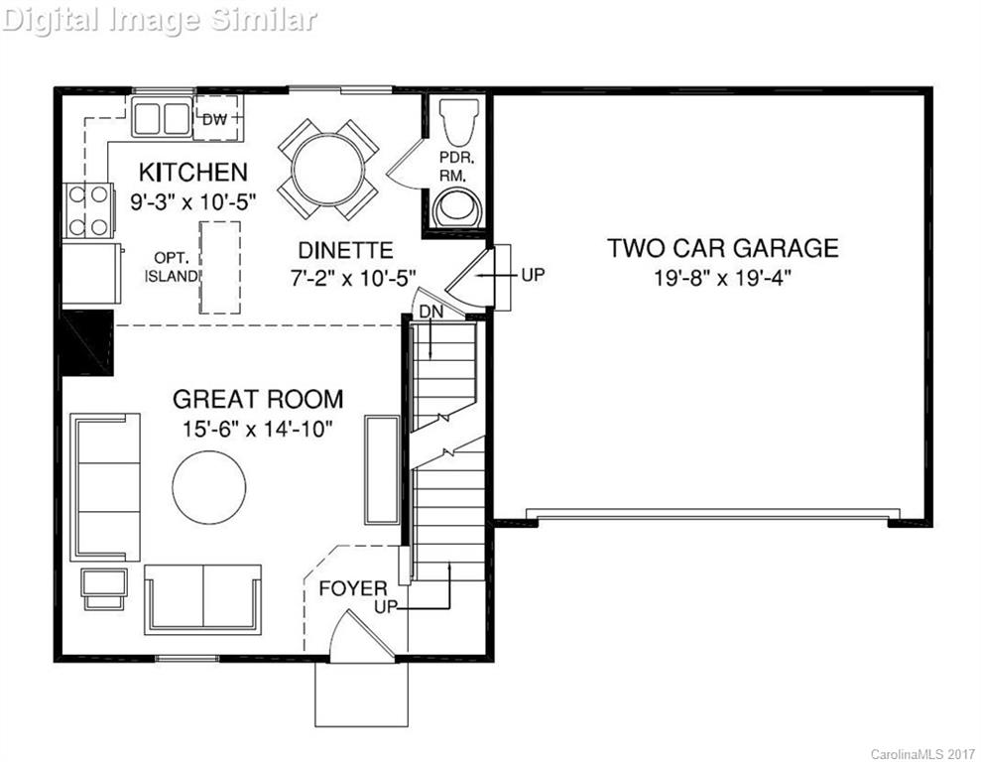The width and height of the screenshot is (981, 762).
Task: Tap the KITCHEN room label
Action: click(193, 172)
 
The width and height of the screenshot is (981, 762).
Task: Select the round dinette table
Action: click(327, 169)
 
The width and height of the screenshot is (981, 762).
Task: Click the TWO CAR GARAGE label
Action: click(723, 248)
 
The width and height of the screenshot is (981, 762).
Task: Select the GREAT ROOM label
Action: click(258, 399)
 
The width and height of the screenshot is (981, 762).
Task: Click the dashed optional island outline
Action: click(220, 267)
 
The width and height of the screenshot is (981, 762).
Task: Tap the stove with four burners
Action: click(86, 210)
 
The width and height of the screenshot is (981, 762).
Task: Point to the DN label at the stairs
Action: click(429, 312)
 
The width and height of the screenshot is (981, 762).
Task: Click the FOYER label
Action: click(352, 588)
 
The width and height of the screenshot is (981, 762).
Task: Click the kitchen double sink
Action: click(162, 118)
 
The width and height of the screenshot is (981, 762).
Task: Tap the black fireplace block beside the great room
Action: click(87, 342)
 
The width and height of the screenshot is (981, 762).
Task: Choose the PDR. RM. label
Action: click(457, 167)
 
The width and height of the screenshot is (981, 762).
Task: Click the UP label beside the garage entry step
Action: click(533, 274)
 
